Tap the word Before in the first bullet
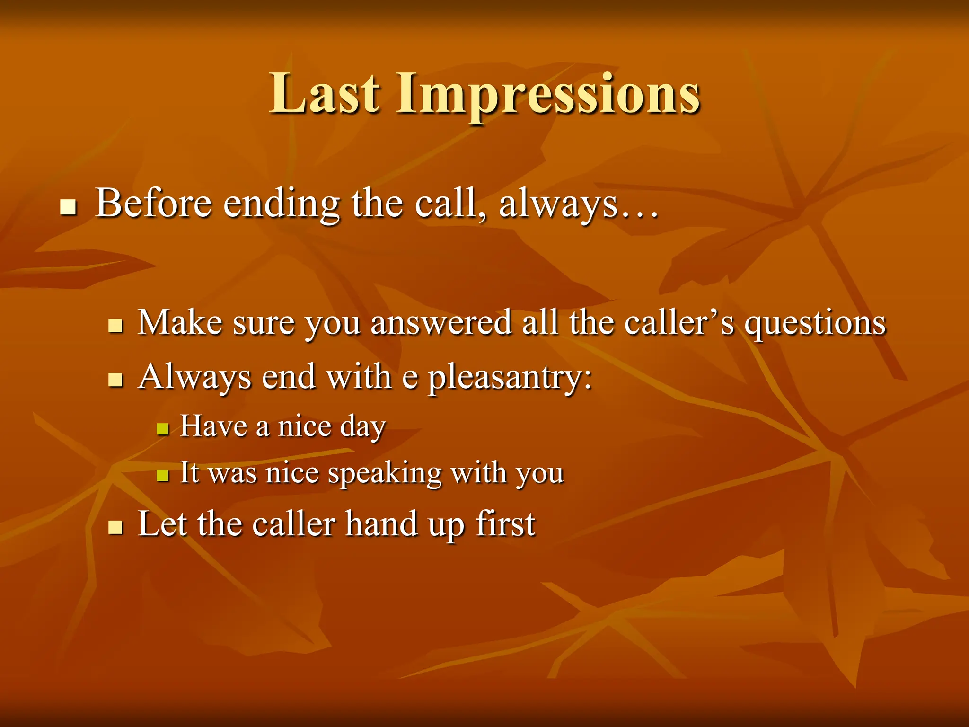pyautogui.click(x=153, y=204)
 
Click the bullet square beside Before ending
pyautogui.click(x=69, y=207)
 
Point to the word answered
pyautogui.click(x=441, y=323)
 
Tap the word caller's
pyautogui.click(x=679, y=323)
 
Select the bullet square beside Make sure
pyautogui.click(x=115, y=326)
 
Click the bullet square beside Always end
pyautogui.click(x=115, y=380)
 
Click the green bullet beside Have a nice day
pyautogui.click(x=163, y=429)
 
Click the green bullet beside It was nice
pyautogui.click(x=163, y=475)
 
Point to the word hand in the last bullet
pyautogui.click(x=381, y=524)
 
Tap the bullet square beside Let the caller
pyautogui.click(x=115, y=527)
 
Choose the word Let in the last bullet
pyautogui.click(x=162, y=524)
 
